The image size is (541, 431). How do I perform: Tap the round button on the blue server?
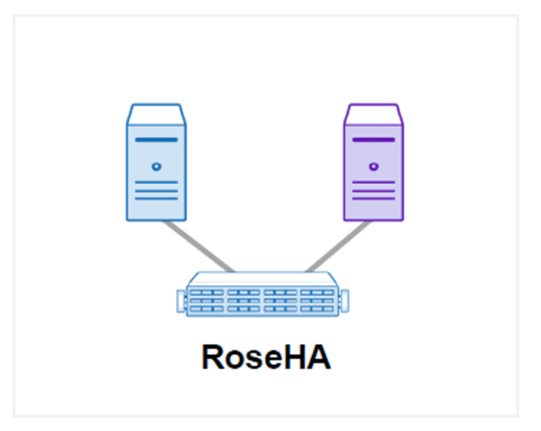(156, 166)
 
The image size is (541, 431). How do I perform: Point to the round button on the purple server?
(373, 166)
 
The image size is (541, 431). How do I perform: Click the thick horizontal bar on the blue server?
(156, 139)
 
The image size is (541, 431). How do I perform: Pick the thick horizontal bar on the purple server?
(373, 139)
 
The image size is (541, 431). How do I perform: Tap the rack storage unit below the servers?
(264, 296)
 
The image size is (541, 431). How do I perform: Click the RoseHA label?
(265, 357)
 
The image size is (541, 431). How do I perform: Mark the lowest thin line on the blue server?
(156, 198)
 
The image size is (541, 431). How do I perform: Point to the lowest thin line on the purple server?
(373, 198)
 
